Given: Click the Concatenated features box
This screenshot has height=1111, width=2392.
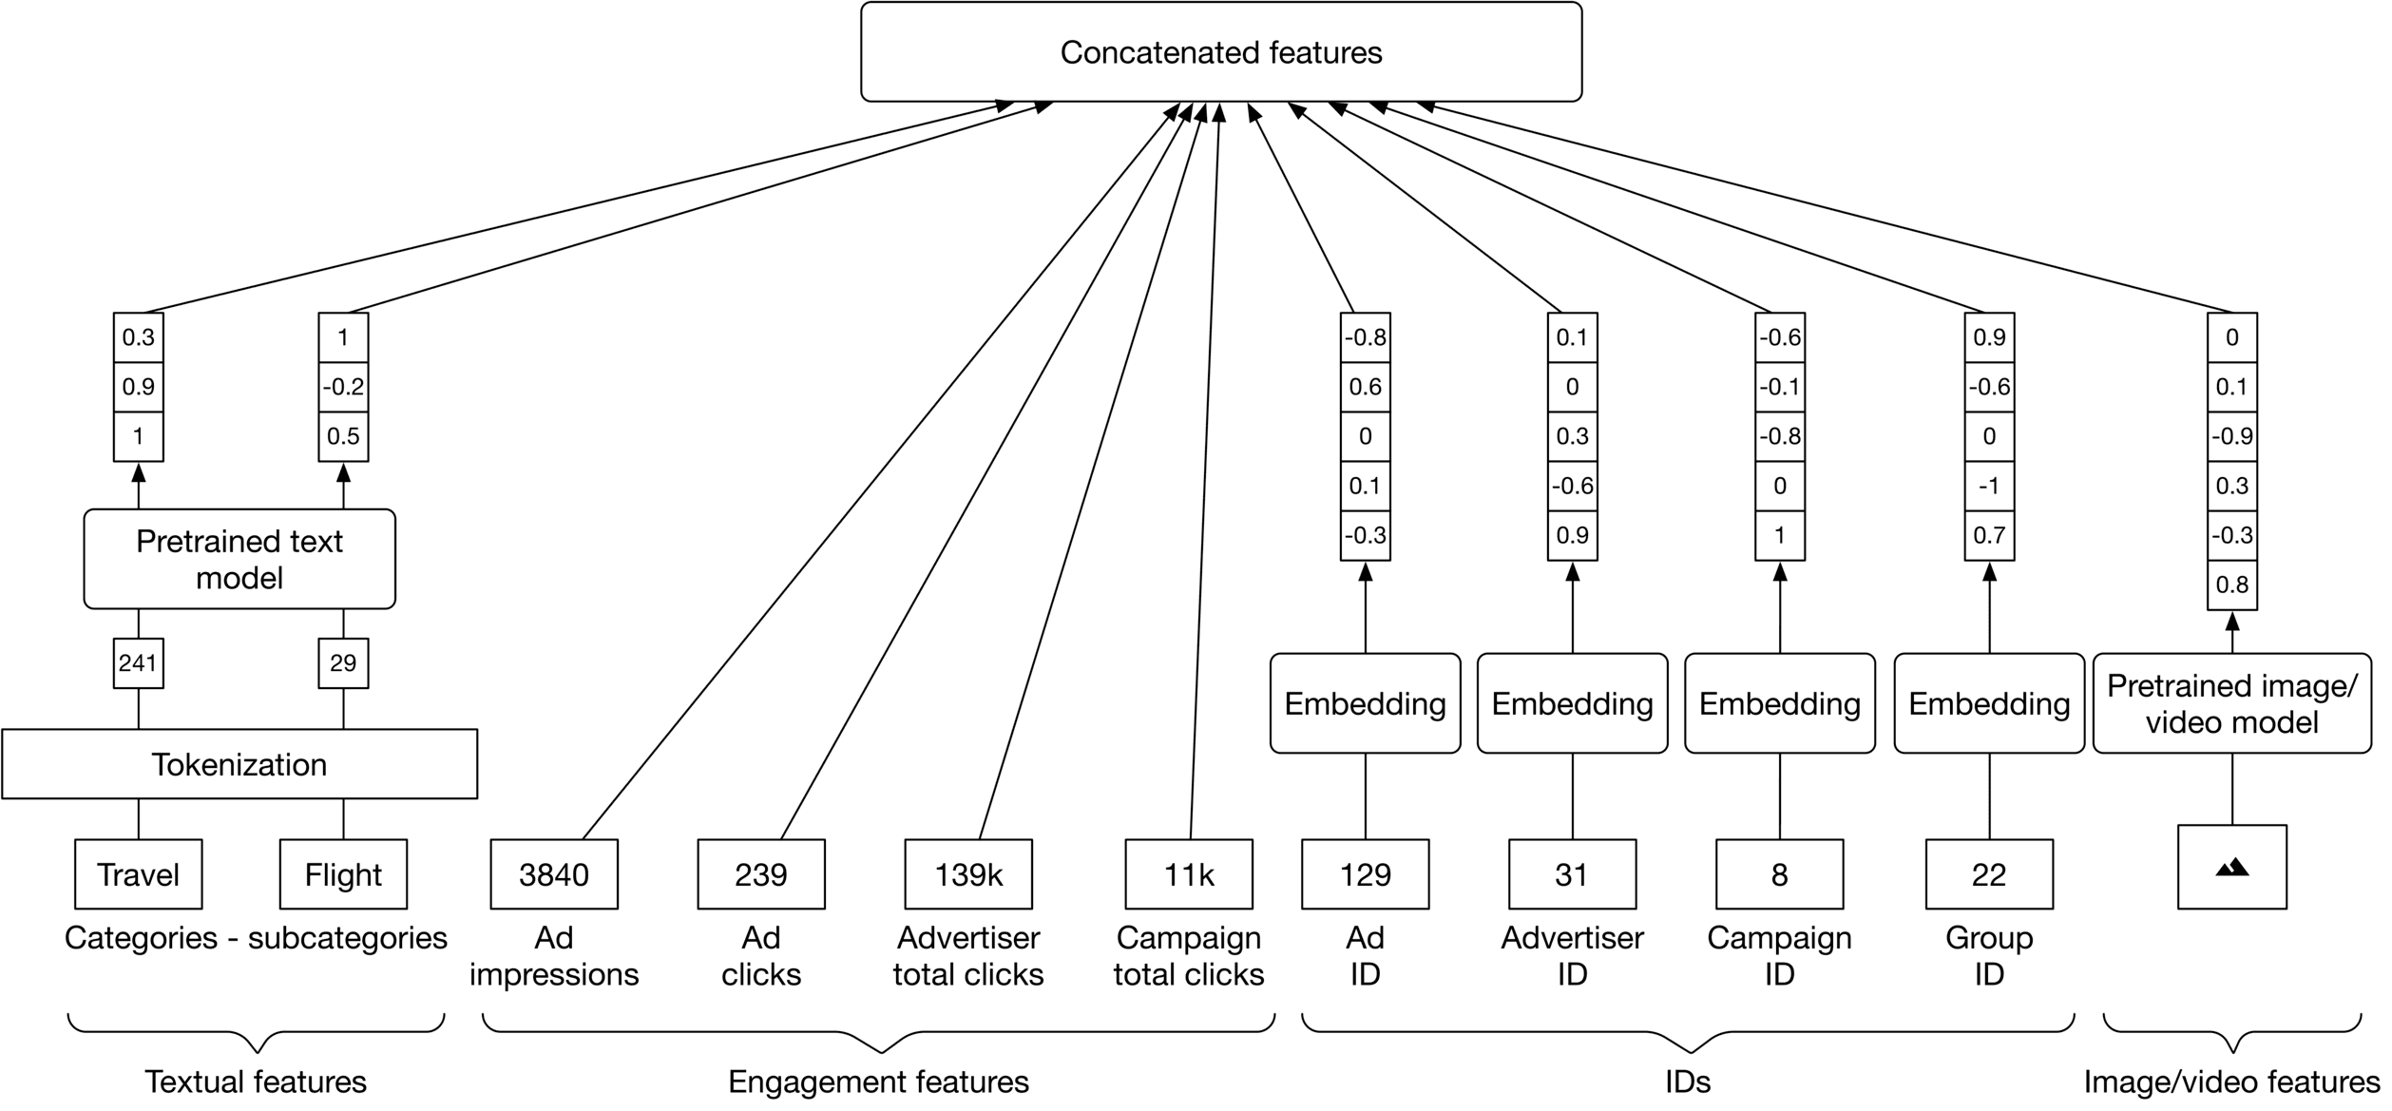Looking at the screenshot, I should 1220,52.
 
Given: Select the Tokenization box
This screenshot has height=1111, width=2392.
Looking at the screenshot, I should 239,764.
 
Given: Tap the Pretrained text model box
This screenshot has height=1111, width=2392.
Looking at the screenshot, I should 239,559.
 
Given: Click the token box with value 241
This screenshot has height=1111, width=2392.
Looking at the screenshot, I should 138,662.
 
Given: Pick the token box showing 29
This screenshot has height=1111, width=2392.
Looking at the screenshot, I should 343,662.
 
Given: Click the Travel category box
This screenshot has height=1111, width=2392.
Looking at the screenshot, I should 138,874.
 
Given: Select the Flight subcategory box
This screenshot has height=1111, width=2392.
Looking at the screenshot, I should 343,874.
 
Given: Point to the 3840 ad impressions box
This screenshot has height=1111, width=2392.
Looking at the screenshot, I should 554,874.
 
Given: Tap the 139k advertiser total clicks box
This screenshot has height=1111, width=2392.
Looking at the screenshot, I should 968,874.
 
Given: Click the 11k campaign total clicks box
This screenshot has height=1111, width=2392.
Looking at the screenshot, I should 1189,874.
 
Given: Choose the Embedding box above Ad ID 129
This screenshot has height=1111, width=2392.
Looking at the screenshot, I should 1365,703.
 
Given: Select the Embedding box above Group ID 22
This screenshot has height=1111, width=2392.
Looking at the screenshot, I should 1989,703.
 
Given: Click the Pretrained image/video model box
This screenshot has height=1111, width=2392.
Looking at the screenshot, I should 2231,703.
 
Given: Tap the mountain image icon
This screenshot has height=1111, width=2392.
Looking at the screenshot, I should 2231,867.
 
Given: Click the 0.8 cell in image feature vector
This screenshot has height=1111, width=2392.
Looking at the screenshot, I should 2231,584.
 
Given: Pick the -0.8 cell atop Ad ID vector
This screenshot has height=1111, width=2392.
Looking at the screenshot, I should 1365,337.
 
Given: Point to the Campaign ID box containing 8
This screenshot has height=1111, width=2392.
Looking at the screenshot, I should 1779,874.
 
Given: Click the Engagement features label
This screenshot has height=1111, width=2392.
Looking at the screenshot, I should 878,1082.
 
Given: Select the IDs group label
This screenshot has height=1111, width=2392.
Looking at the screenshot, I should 1688,1082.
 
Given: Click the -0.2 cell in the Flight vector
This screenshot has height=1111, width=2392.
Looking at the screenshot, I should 343,387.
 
